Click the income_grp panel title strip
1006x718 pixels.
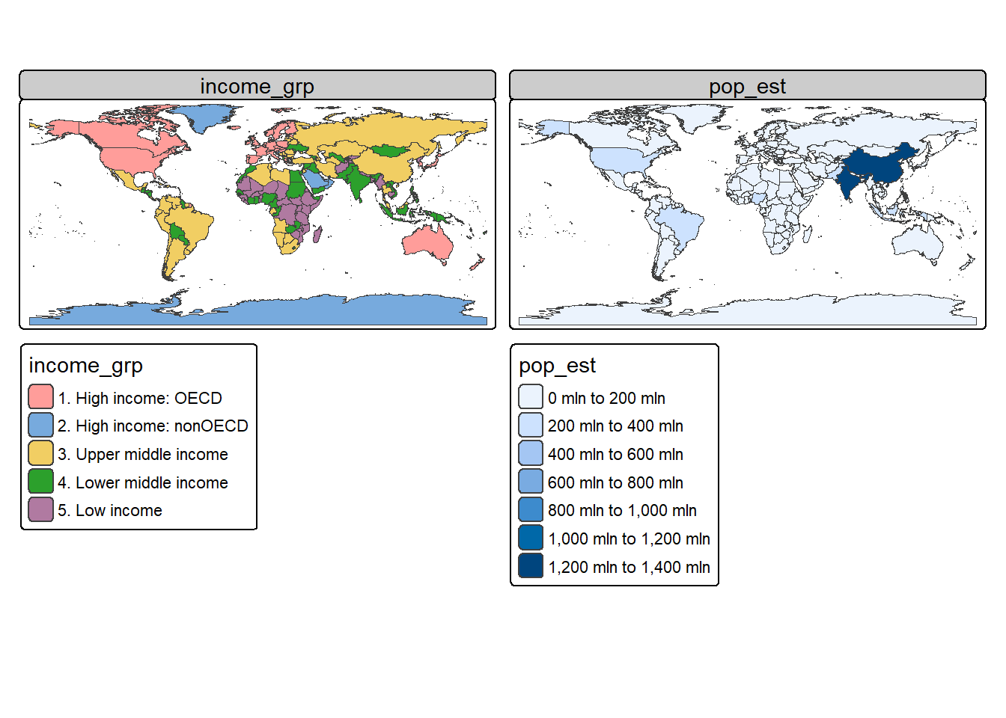pos(257,86)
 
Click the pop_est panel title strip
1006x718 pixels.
pos(747,86)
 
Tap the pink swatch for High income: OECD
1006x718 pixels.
pos(40,397)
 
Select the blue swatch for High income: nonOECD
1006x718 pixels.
pos(40,426)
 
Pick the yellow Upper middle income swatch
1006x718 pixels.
pos(40,454)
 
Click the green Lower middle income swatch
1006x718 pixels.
pos(40,482)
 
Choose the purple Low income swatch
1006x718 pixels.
pos(40,510)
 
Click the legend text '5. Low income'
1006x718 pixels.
pos(110,511)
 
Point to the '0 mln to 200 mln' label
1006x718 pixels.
pos(606,398)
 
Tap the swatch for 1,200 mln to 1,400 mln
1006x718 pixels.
pos(531,566)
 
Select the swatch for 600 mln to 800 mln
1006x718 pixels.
pos(531,482)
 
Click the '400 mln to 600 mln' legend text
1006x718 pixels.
pos(615,455)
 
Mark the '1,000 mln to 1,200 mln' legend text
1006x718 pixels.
pos(629,539)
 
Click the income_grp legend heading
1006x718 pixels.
pos(85,366)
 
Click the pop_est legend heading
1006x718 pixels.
pos(557,366)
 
